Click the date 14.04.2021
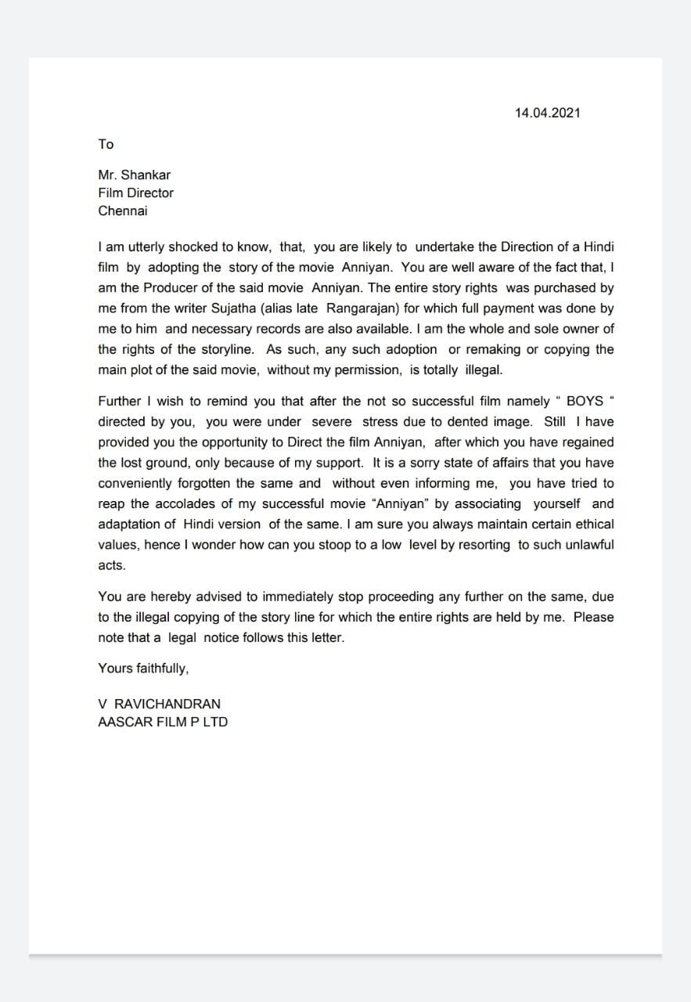click(547, 113)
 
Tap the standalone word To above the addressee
click(106, 144)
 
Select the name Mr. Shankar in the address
click(134, 175)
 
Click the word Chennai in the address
click(123, 211)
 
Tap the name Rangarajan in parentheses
click(364, 308)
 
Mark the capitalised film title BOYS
click(585, 401)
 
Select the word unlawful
click(587, 544)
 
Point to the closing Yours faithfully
click(143, 668)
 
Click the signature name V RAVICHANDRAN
click(159, 704)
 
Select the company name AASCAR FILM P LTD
click(163, 722)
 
